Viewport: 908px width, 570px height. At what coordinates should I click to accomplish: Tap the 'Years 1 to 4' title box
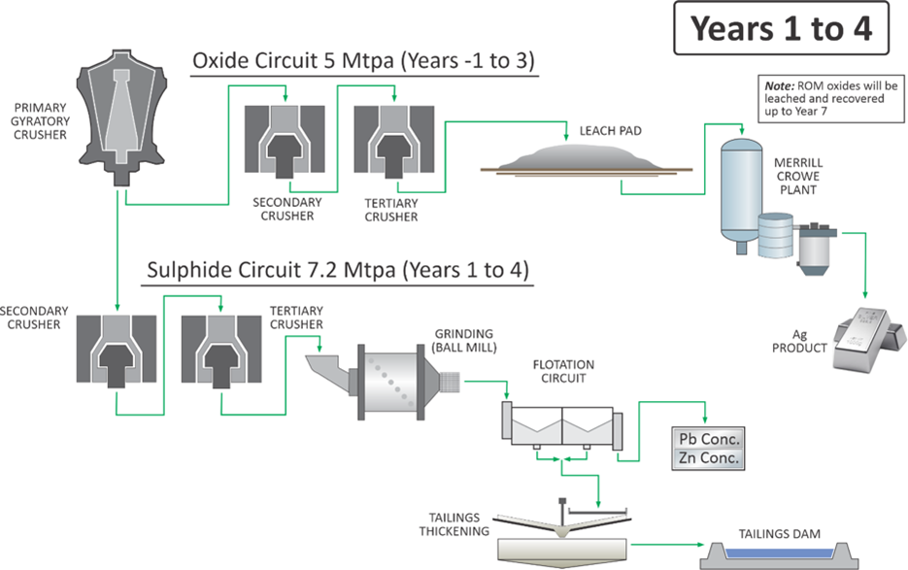click(x=781, y=28)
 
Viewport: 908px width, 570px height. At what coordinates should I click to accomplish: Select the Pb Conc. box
click(x=708, y=439)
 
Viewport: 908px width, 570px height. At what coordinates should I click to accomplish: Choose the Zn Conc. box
click(x=708, y=458)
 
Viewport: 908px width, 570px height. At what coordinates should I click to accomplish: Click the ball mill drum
click(x=391, y=383)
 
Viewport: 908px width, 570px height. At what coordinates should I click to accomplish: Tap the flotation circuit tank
click(x=561, y=426)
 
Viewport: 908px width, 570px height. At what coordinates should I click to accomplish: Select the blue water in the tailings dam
click(x=780, y=553)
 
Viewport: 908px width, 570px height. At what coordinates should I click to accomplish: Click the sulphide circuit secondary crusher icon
click(x=117, y=352)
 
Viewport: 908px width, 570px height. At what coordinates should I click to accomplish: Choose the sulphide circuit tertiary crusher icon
click(x=221, y=352)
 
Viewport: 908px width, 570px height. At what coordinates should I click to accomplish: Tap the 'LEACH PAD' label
click(x=611, y=131)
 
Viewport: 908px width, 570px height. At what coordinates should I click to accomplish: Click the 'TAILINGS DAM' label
click(x=780, y=534)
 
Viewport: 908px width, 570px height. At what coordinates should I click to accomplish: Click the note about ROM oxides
click(x=831, y=98)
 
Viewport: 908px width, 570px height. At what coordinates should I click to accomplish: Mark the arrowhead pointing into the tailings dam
click(x=701, y=545)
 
